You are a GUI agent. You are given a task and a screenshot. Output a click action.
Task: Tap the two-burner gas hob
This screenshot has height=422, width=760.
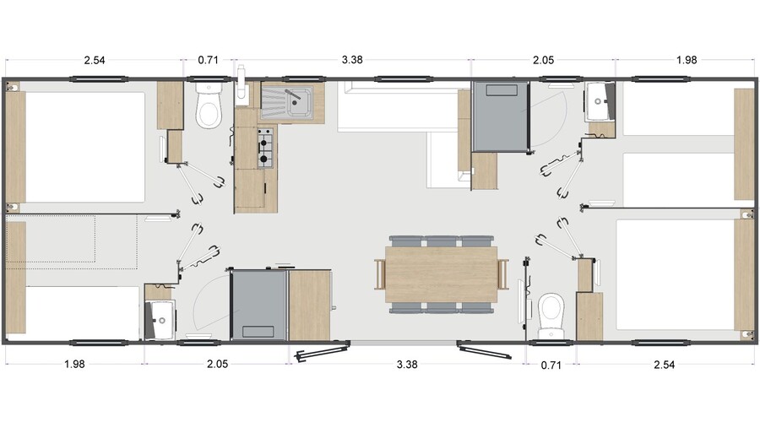(264, 148)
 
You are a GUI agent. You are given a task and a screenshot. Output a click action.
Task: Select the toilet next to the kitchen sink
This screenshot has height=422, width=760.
(209, 106)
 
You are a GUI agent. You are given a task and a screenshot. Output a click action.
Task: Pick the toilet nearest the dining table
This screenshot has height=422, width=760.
(551, 316)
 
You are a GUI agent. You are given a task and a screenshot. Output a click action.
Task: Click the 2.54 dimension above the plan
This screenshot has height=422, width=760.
(94, 60)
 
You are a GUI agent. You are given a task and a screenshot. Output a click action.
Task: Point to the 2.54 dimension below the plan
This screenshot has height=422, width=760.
(664, 365)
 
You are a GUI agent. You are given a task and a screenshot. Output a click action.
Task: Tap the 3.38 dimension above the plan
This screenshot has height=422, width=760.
(352, 60)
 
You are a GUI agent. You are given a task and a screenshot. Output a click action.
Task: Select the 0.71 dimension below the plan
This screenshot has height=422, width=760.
(551, 365)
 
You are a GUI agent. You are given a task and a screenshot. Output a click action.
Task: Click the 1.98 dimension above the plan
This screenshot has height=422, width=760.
(687, 60)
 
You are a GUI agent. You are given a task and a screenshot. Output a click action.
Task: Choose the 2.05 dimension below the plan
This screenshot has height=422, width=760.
(217, 364)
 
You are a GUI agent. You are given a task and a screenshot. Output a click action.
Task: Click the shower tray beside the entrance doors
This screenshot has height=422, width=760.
(259, 306)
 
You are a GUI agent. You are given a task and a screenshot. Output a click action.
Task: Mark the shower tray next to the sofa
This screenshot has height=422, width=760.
(500, 116)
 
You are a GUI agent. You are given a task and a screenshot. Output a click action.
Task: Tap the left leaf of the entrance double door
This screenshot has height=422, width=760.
(323, 351)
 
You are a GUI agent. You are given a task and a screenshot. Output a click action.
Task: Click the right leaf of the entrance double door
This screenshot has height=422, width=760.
(484, 350)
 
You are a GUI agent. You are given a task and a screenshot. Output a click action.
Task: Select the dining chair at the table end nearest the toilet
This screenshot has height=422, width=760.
(503, 274)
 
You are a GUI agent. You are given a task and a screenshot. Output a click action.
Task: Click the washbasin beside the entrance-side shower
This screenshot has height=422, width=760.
(160, 319)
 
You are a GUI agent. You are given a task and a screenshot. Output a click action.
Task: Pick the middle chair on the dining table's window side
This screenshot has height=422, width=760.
(441, 241)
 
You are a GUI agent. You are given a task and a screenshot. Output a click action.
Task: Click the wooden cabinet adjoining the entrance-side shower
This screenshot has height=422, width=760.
(310, 306)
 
